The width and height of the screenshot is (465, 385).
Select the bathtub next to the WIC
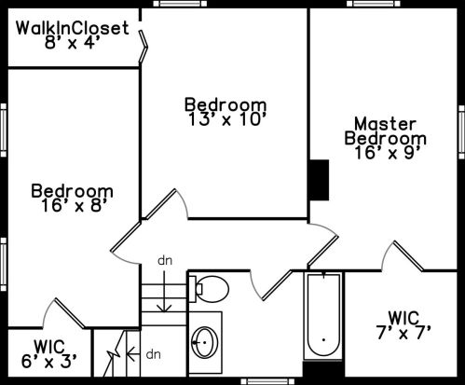pyautogui.click(x=323, y=316)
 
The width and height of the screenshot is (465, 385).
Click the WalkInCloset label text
pyautogui.click(x=72, y=28)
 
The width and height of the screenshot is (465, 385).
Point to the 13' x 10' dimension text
pyautogui.click(x=227, y=119)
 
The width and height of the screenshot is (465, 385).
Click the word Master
pyautogui.click(x=385, y=124)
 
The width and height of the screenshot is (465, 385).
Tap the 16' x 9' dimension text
pyautogui.click(x=388, y=153)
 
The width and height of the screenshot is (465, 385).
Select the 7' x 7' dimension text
pyautogui.click(x=403, y=333)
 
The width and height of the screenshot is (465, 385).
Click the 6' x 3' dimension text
pyautogui.click(x=48, y=361)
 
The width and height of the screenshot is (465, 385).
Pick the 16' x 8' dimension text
pyautogui.click(x=75, y=205)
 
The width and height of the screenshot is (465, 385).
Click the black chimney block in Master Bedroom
pyautogui.click(x=319, y=180)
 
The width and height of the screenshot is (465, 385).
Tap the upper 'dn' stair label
pyautogui.click(x=165, y=261)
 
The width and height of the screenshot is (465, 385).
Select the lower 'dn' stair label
pyautogui.click(x=154, y=354)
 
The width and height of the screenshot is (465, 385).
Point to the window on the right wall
pyautogui.click(x=461, y=132)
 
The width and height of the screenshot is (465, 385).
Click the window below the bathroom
pyautogui.click(x=267, y=381)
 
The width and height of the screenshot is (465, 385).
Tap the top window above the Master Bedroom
pyautogui.click(x=374, y=4)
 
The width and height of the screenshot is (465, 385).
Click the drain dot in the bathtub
pyautogui.click(x=323, y=339)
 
